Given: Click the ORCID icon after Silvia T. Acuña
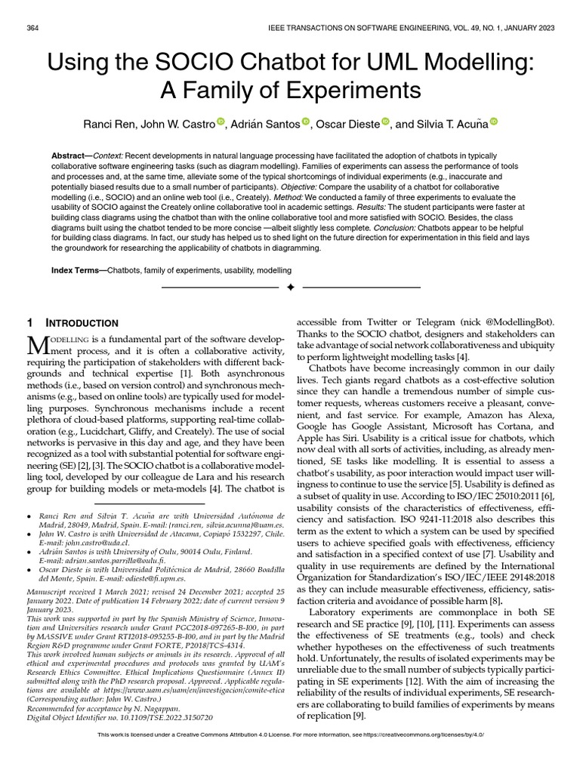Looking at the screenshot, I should click(x=494, y=122).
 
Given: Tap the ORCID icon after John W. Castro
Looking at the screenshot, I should click(x=221, y=122).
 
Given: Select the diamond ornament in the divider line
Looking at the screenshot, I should click(x=289, y=288).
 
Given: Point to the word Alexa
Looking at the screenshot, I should click(x=534, y=417).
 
